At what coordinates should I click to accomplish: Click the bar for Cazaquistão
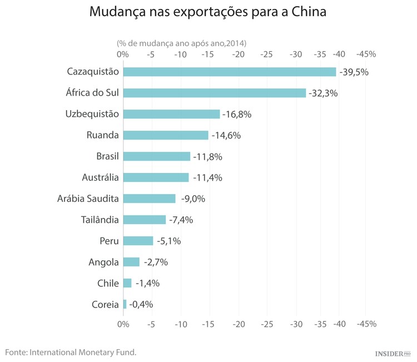click(x=229, y=72)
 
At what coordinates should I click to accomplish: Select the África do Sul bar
click(x=214, y=93)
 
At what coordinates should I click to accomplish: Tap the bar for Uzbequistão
click(x=171, y=114)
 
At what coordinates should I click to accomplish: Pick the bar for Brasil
click(x=156, y=156)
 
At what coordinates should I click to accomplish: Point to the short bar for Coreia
click(x=125, y=304)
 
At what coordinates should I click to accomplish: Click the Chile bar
click(x=127, y=283)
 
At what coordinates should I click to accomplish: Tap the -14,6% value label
click(x=225, y=135)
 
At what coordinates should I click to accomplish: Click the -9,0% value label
click(x=193, y=199)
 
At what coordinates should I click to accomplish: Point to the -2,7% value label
click(x=156, y=262)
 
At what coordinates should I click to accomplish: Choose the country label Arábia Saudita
click(x=88, y=199)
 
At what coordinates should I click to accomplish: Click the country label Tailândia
click(x=100, y=220)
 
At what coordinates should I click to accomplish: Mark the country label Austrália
click(x=100, y=177)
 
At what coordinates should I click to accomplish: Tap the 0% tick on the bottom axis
click(x=123, y=323)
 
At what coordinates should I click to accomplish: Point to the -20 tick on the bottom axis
click(x=239, y=323)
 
